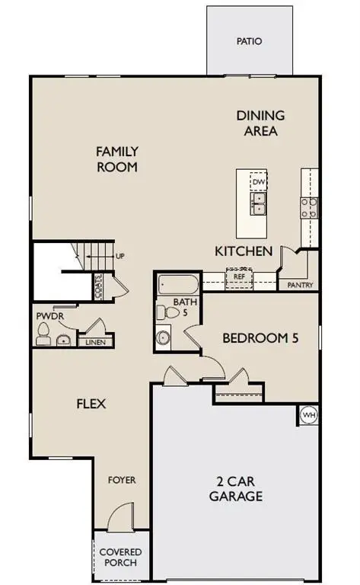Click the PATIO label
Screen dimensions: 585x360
(248, 41)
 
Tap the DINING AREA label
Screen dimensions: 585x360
(260, 123)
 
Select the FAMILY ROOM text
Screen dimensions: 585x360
(116, 158)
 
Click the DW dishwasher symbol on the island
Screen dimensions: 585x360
(259, 183)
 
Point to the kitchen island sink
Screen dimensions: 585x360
(259, 202)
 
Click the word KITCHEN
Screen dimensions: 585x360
(243, 251)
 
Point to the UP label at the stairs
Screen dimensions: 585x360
(119, 256)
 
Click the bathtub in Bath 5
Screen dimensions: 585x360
(178, 287)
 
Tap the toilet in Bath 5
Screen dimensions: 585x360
(164, 312)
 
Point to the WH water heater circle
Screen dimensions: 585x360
(308, 414)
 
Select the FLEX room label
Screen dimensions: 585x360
(91, 403)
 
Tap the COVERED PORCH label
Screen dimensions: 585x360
(121, 557)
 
